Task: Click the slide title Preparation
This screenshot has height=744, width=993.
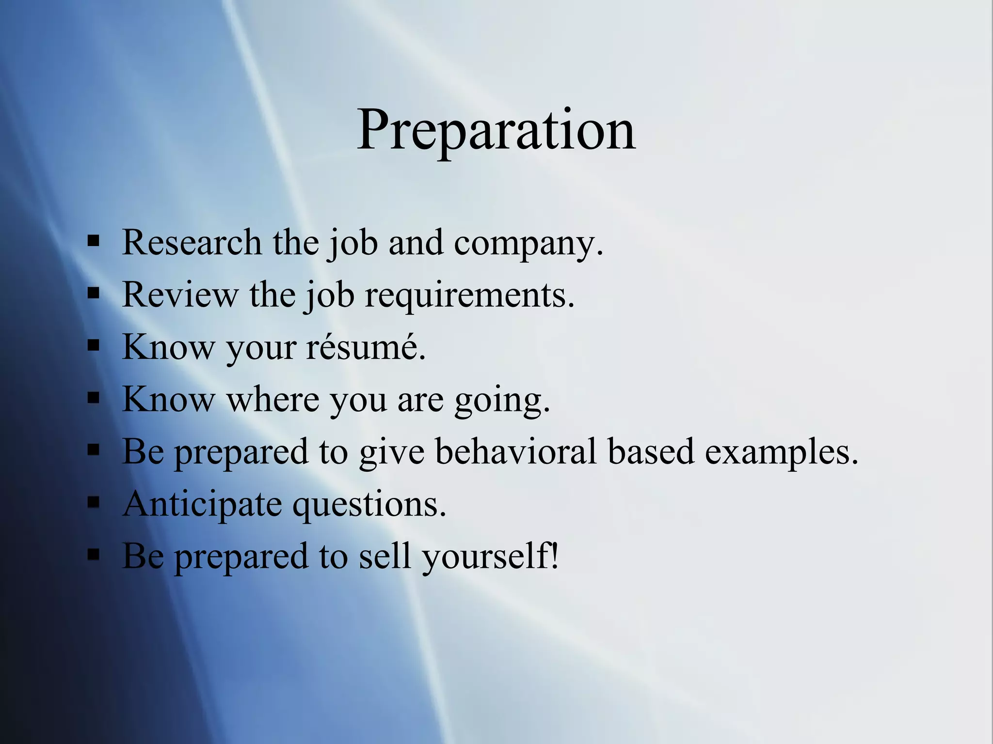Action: pos(496,131)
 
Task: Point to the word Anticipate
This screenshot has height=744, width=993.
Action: pos(202,504)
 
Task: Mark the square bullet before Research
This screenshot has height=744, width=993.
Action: pos(94,241)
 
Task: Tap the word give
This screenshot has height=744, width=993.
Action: pos(391,452)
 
